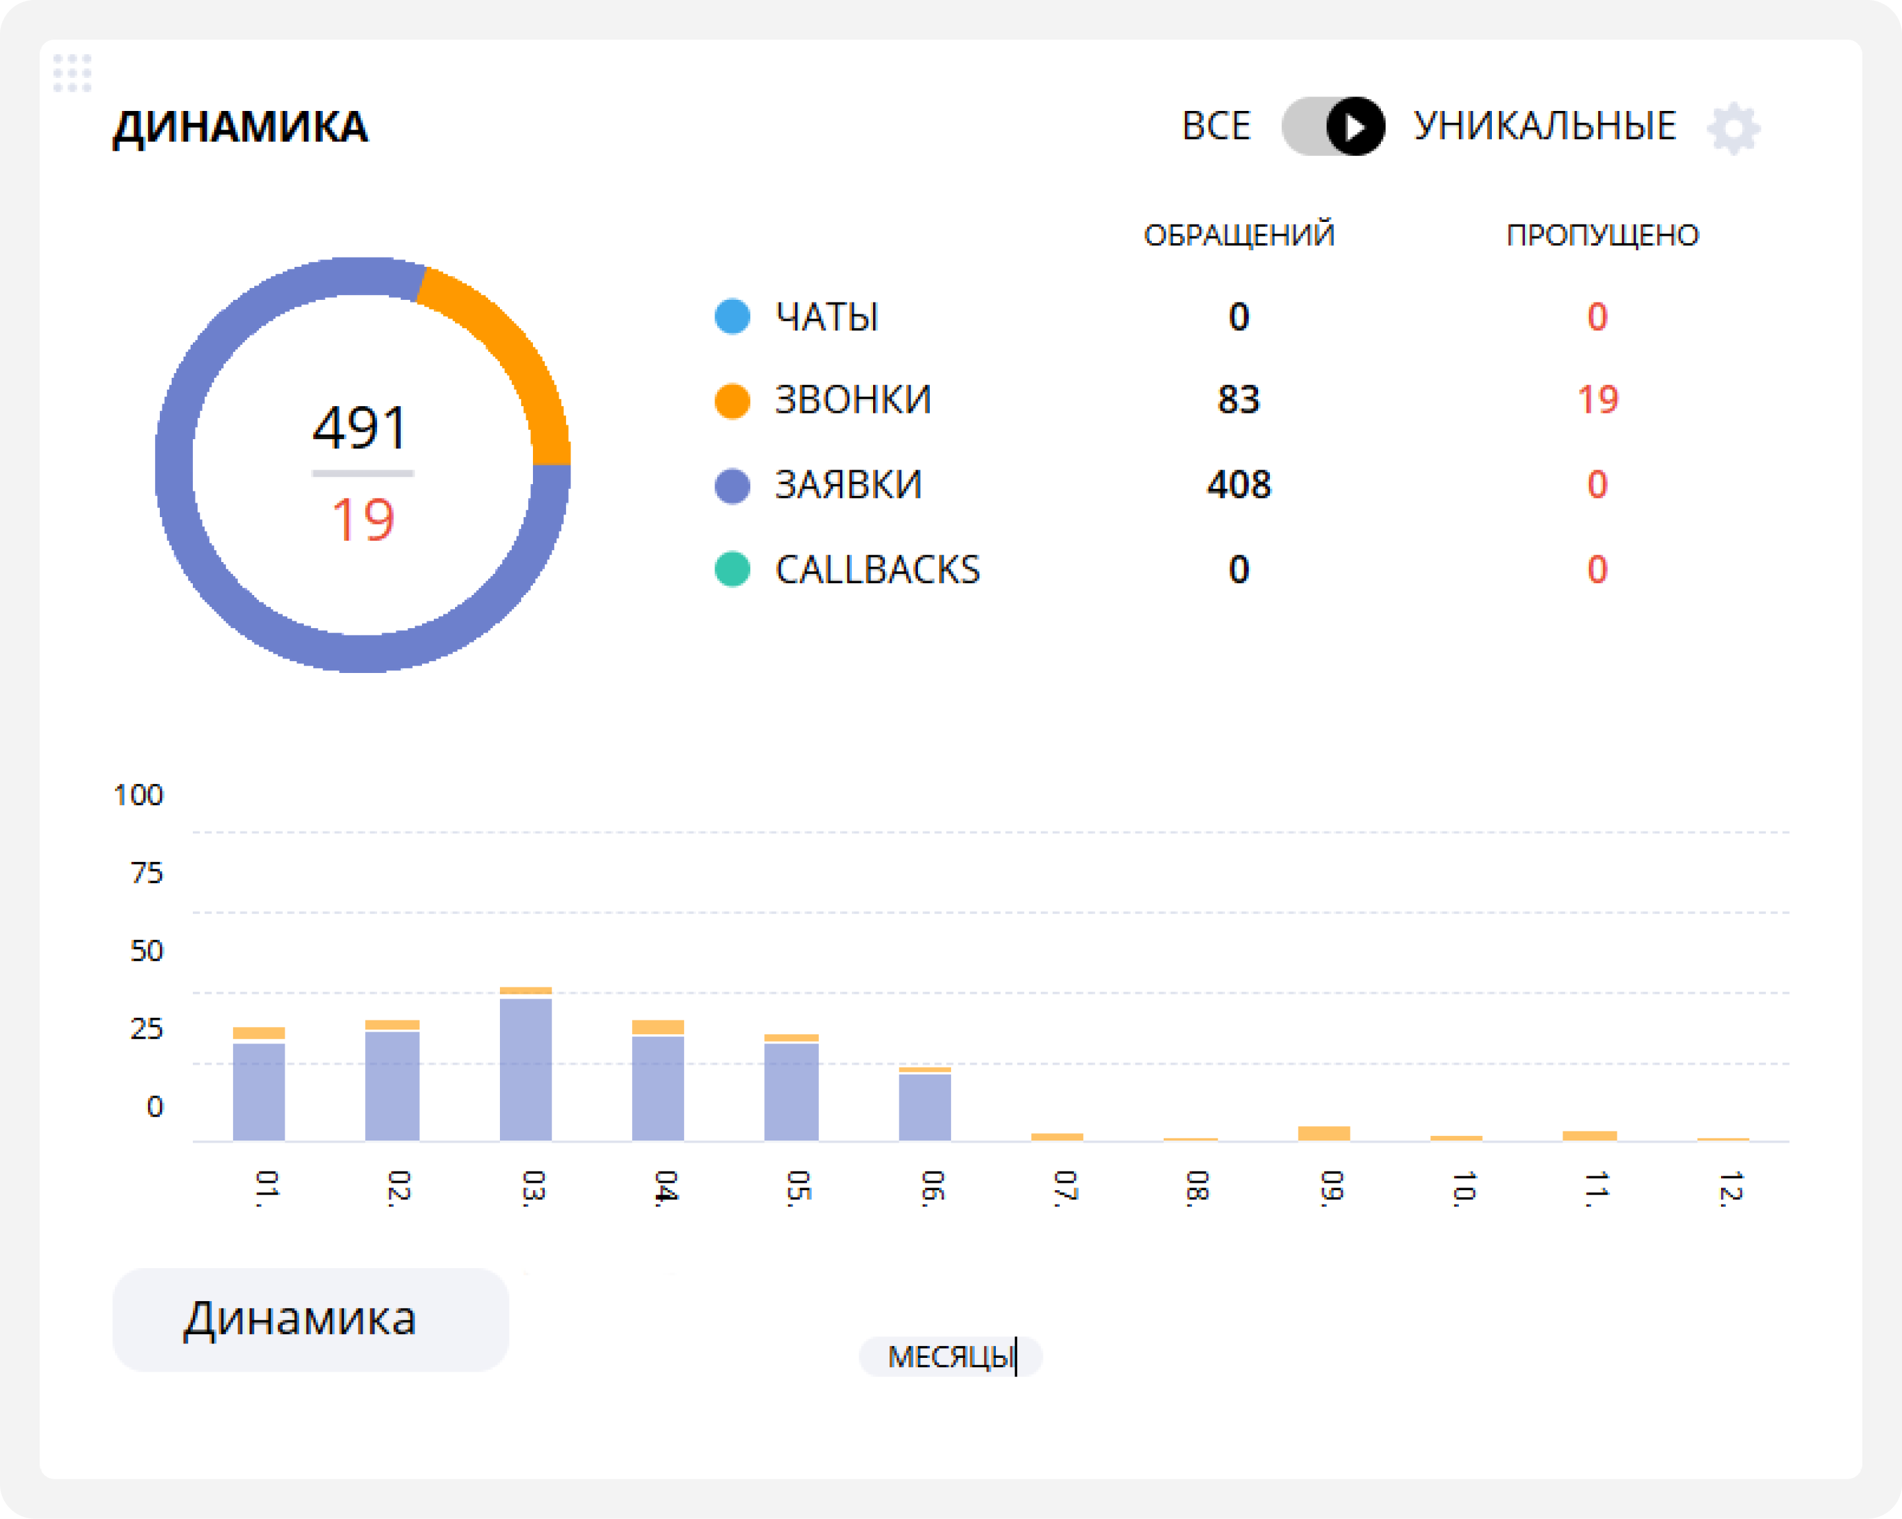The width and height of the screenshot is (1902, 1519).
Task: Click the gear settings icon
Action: pos(1734,129)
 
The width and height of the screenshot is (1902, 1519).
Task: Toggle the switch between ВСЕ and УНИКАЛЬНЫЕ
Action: pos(1333,127)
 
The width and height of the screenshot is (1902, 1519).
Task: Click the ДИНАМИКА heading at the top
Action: pos(240,127)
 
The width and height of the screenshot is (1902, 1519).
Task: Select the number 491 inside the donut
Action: pos(360,429)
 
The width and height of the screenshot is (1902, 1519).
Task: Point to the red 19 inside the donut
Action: pos(363,520)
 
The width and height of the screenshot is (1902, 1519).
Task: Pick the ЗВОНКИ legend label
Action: pos(852,400)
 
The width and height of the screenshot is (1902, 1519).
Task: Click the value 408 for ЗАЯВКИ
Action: pos(1238,484)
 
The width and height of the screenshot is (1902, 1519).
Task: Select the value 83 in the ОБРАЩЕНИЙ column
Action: pos(1238,400)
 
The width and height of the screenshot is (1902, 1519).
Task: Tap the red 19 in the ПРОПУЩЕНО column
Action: pos(1597,400)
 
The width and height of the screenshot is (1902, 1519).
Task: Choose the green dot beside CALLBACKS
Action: pos(732,569)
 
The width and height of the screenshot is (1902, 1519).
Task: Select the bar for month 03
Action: pos(526,1067)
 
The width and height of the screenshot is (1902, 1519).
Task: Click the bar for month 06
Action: pos(925,1106)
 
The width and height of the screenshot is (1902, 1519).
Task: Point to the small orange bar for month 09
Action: pos(1323,1133)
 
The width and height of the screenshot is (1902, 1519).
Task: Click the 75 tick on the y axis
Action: pos(147,873)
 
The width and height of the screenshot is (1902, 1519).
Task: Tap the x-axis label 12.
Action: pos(1730,1189)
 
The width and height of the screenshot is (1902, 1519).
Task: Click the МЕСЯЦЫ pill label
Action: pos(950,1357)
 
